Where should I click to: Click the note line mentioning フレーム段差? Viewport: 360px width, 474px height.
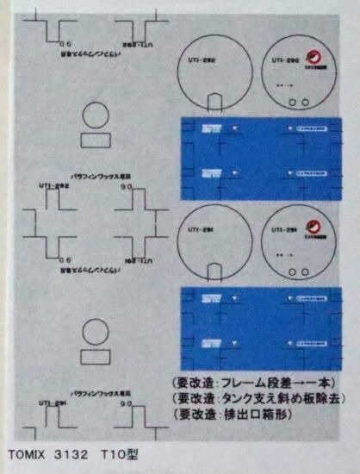[251, 383]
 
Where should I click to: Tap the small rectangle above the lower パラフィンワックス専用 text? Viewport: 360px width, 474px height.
[96, 356]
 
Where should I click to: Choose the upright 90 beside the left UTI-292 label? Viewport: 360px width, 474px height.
[126, 185]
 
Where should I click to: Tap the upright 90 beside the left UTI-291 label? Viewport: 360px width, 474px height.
[126, 402]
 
